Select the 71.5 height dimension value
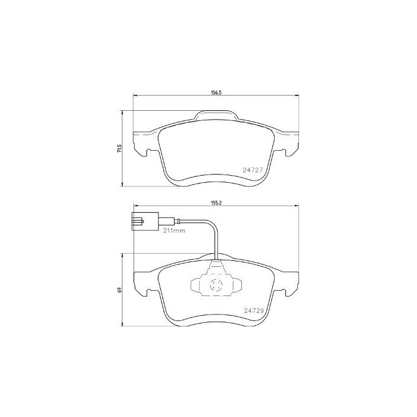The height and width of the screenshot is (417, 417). pos(120,148)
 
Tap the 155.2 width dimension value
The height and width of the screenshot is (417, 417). pos(216,203)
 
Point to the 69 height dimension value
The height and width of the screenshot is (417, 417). pos(120,290)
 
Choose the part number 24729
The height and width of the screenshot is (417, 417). pos(254,310)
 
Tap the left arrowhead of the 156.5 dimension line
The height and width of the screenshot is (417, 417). pos(134,97)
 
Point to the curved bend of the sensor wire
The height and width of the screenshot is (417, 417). pos(212,226)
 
